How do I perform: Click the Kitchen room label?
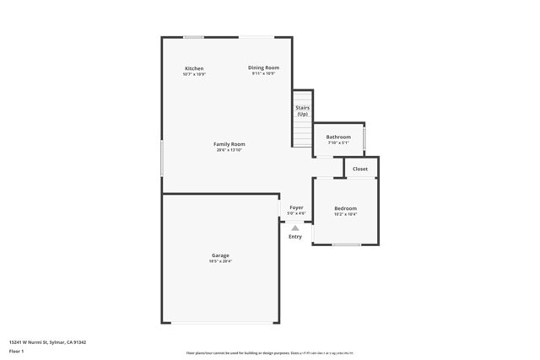point(194,68)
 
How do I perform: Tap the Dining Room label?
point(263,67)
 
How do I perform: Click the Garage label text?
point(220,255)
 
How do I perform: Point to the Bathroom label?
point(338,137)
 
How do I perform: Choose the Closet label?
point(360,169)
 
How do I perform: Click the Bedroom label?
point(345,208)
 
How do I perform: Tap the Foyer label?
point(296,207)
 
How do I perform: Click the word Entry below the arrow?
point(295,237)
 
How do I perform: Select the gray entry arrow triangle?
point(295,228)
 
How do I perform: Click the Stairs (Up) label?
point(302,110)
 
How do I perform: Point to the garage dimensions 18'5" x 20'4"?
point(220,261)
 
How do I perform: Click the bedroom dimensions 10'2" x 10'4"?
point(345,214)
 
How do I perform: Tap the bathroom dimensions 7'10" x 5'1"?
point(338,142)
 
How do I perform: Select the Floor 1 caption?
point(17,351)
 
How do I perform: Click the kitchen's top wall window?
point(194,36)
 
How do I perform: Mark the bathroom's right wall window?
point(364,137)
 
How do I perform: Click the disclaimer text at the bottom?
point(269,353)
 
